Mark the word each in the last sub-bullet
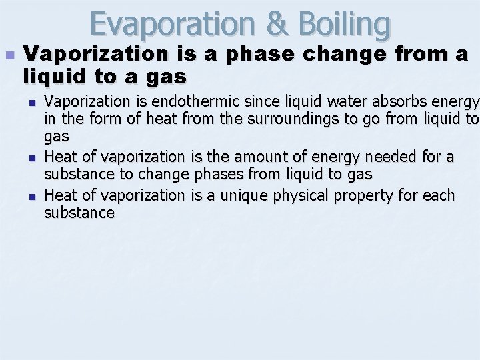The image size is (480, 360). click(x=439, y=195)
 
